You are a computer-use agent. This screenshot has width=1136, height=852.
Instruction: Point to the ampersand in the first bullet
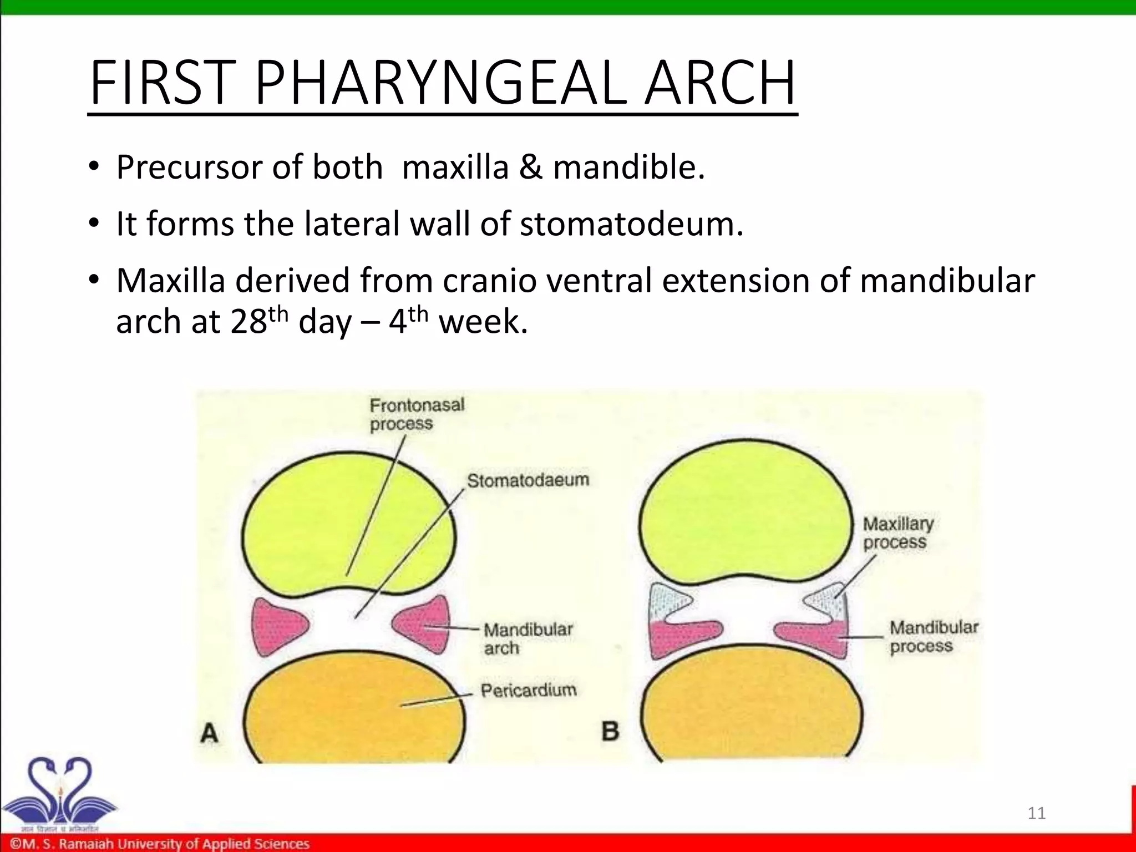click(530, 167)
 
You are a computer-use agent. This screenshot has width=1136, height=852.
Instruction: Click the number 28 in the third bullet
click(248, 322)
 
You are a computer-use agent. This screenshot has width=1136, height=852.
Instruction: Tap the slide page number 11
click(1036, 813)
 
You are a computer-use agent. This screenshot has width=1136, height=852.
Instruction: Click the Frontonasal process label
click(417, 414)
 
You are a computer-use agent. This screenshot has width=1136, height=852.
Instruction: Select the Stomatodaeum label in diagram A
click(528, 480)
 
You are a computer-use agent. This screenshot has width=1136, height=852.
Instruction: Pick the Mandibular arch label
click(528, 638)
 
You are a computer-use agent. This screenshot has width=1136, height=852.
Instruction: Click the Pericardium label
click(528, 690)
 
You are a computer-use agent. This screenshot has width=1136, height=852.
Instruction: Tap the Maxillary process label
click(897, 532)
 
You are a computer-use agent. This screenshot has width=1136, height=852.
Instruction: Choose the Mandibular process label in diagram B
click(934, 637)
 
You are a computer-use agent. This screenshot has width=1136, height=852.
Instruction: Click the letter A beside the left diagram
click(209, 733)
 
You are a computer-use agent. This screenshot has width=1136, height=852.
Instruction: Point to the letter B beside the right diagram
click(610, 731)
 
